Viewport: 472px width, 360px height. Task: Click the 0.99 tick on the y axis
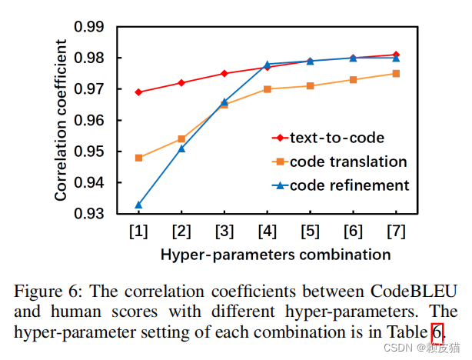tap(89, 27)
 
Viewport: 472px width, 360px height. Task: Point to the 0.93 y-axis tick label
tap(89, 214)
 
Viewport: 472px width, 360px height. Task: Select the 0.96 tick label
tap(89, 121)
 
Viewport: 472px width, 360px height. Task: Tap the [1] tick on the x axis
tap(138, 231)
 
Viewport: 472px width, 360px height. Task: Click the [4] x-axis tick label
tap(268, 231)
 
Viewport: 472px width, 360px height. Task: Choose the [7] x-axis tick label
tap(396, 231)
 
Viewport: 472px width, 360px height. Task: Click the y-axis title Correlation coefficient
tap(61, 122)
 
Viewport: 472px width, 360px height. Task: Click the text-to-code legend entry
tap(336, 138)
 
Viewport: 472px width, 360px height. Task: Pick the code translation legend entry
tap(347, 162)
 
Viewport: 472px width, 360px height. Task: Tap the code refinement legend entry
tap(349, 185)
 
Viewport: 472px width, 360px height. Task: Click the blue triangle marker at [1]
tap(138, 205)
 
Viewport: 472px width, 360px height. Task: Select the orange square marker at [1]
tap(138, 158)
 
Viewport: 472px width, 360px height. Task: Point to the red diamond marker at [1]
tap(138, 92)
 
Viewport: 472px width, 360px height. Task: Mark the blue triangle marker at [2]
tap(181, 148)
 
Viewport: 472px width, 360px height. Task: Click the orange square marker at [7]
tap(396, 74)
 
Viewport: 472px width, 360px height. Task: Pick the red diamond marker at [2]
tap(181, 83)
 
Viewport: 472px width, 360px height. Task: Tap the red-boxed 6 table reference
tap(437, 332)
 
